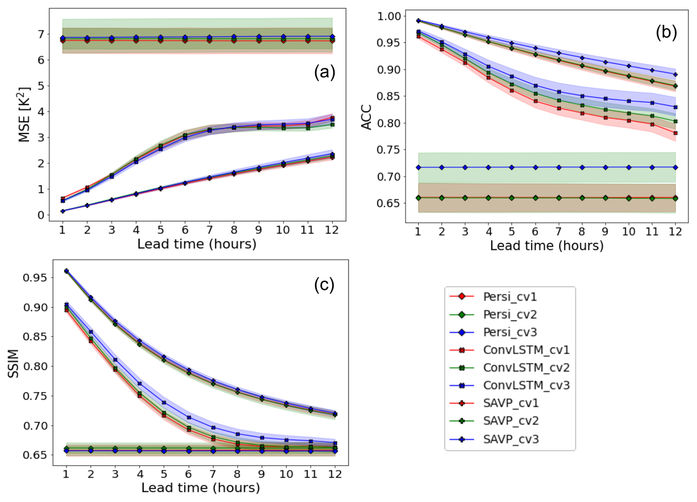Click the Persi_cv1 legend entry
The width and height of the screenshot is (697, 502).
pos(510,297)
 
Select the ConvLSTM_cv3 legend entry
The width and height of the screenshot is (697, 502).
pos(526,385)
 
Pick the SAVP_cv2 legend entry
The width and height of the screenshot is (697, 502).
pos(511,421)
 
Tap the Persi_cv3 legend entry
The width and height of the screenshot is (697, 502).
pos(510,332)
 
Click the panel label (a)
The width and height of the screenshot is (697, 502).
pos(324,72)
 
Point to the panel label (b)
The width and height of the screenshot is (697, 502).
pos(666,33)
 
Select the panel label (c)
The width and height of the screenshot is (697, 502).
pos(324,284)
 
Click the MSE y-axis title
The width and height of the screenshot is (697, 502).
pos(24,115)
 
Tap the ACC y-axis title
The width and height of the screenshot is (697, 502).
pos(366,117)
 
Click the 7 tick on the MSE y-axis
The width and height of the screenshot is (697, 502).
pos(41,34)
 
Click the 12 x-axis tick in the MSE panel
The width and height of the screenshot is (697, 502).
pos(332,230)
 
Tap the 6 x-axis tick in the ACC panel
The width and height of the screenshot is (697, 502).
pos(535,231)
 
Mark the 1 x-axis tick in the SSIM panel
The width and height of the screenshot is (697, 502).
pos(66,474)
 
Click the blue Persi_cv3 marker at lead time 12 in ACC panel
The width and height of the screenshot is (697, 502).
pos(675,167)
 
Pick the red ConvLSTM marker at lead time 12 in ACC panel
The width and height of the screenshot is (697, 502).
pos(675,133)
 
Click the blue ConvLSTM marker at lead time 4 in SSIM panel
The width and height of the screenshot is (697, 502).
pos(140,384)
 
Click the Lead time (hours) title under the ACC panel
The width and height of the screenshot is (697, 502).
pos(547,246)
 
